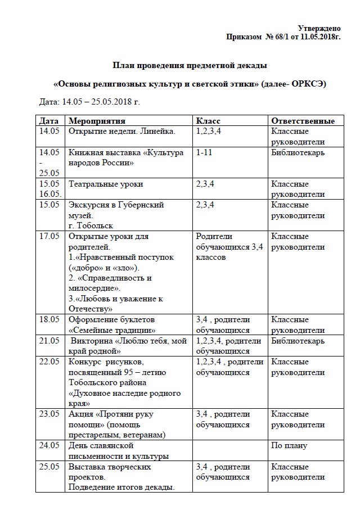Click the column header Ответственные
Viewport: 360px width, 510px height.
[x=303, y=121]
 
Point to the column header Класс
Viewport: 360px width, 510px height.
[x=208, y=121]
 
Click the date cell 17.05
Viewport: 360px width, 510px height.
[x=49, y=237]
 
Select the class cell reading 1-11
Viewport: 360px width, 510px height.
[x=203, y=152]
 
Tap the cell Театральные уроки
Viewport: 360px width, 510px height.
[x=106, y=184]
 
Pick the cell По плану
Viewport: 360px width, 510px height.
[x=289, y=445]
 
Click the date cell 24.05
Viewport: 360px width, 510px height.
[x=49, y=445]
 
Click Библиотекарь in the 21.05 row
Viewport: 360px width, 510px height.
[x=298, y=341]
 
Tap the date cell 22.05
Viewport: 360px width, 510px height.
[x=49, y=362]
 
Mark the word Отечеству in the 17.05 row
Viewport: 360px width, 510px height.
[x=91, y=309]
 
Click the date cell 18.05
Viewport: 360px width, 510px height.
[x=49, y=319]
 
